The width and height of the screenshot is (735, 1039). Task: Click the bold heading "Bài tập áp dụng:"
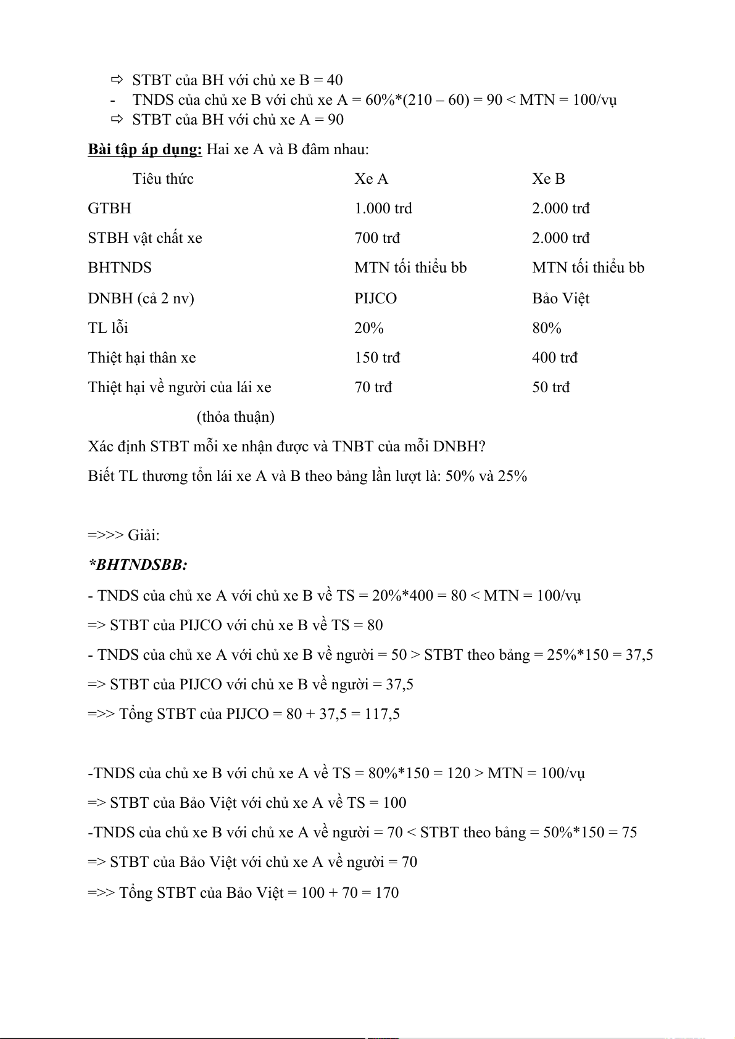coord(145,149)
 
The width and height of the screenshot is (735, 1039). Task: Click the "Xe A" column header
coord(371,179)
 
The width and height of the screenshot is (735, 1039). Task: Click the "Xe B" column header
coord(548,179)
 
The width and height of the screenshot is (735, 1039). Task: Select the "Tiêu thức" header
coord(163,179)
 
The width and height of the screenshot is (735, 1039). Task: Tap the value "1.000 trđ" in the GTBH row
coord(383,208)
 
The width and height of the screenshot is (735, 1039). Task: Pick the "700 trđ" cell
coord(377,238)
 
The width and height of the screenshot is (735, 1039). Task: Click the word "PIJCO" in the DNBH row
coord(375,298)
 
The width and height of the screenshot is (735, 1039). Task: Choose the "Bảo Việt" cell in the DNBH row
coord(560,298)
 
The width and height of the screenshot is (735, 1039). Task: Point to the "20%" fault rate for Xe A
coord(368,328)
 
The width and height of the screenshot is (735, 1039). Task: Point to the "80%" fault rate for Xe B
coord(546,328)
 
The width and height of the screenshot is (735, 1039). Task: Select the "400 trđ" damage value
coord(554,358)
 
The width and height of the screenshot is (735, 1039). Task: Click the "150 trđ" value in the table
coord(377,358)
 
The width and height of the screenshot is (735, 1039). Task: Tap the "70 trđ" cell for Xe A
coord(373,387)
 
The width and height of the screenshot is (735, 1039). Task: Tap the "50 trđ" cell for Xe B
coord(550,387)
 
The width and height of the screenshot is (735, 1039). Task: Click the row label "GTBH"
coord(109,208)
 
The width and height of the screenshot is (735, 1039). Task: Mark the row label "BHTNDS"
coord(120,268)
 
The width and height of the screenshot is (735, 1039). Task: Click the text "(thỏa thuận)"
coord(235,417)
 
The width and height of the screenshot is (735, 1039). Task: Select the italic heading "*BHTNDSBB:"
coord(138,565)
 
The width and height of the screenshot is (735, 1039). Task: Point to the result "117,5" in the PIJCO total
coord(382,714)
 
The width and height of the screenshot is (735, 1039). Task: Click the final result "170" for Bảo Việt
coord(387,892)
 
